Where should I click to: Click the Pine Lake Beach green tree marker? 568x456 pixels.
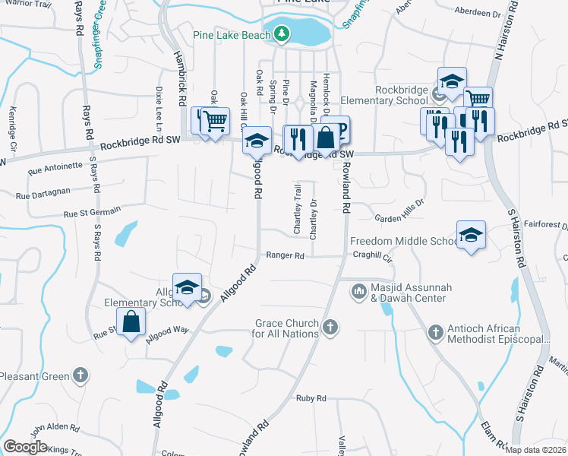(282, 33)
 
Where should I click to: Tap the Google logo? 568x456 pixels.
(25, 447)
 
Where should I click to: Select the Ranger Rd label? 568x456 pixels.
(285, 256)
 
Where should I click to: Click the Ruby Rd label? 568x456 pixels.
(311, 398)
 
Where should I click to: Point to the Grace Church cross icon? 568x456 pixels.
(330, 328)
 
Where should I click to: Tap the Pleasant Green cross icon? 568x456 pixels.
(80, 375)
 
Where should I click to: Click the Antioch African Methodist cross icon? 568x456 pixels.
(435, 331)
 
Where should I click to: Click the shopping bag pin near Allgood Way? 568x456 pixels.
(131, 321)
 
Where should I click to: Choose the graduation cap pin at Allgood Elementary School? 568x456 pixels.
(187, 287)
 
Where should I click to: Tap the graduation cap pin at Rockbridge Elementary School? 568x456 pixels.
(452, 81)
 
